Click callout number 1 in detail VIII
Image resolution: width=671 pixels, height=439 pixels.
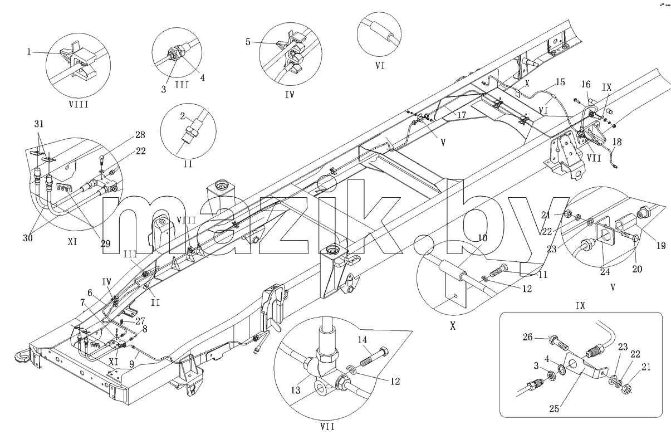29,52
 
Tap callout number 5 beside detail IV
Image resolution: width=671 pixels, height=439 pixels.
248,42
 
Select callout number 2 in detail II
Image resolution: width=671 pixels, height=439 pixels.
183,116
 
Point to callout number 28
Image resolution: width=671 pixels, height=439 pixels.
140,135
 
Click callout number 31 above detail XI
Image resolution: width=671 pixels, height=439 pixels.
39,124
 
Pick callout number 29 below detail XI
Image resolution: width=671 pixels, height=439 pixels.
105,243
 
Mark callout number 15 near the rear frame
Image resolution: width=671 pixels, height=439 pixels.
560,82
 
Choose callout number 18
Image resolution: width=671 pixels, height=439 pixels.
618,142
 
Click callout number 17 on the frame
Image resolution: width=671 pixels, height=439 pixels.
462,115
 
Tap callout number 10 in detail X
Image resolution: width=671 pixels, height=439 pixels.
483,238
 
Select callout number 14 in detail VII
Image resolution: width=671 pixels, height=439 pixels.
362,340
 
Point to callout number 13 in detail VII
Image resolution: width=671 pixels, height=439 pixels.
296,390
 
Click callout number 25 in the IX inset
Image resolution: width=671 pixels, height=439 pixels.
555,409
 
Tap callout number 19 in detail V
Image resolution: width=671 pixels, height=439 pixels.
661,246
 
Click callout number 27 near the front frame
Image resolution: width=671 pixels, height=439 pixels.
140,321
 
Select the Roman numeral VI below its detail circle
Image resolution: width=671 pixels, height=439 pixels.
380,66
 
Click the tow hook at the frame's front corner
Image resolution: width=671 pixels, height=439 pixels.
21,355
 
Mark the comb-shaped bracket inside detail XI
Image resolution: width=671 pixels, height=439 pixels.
65,189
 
